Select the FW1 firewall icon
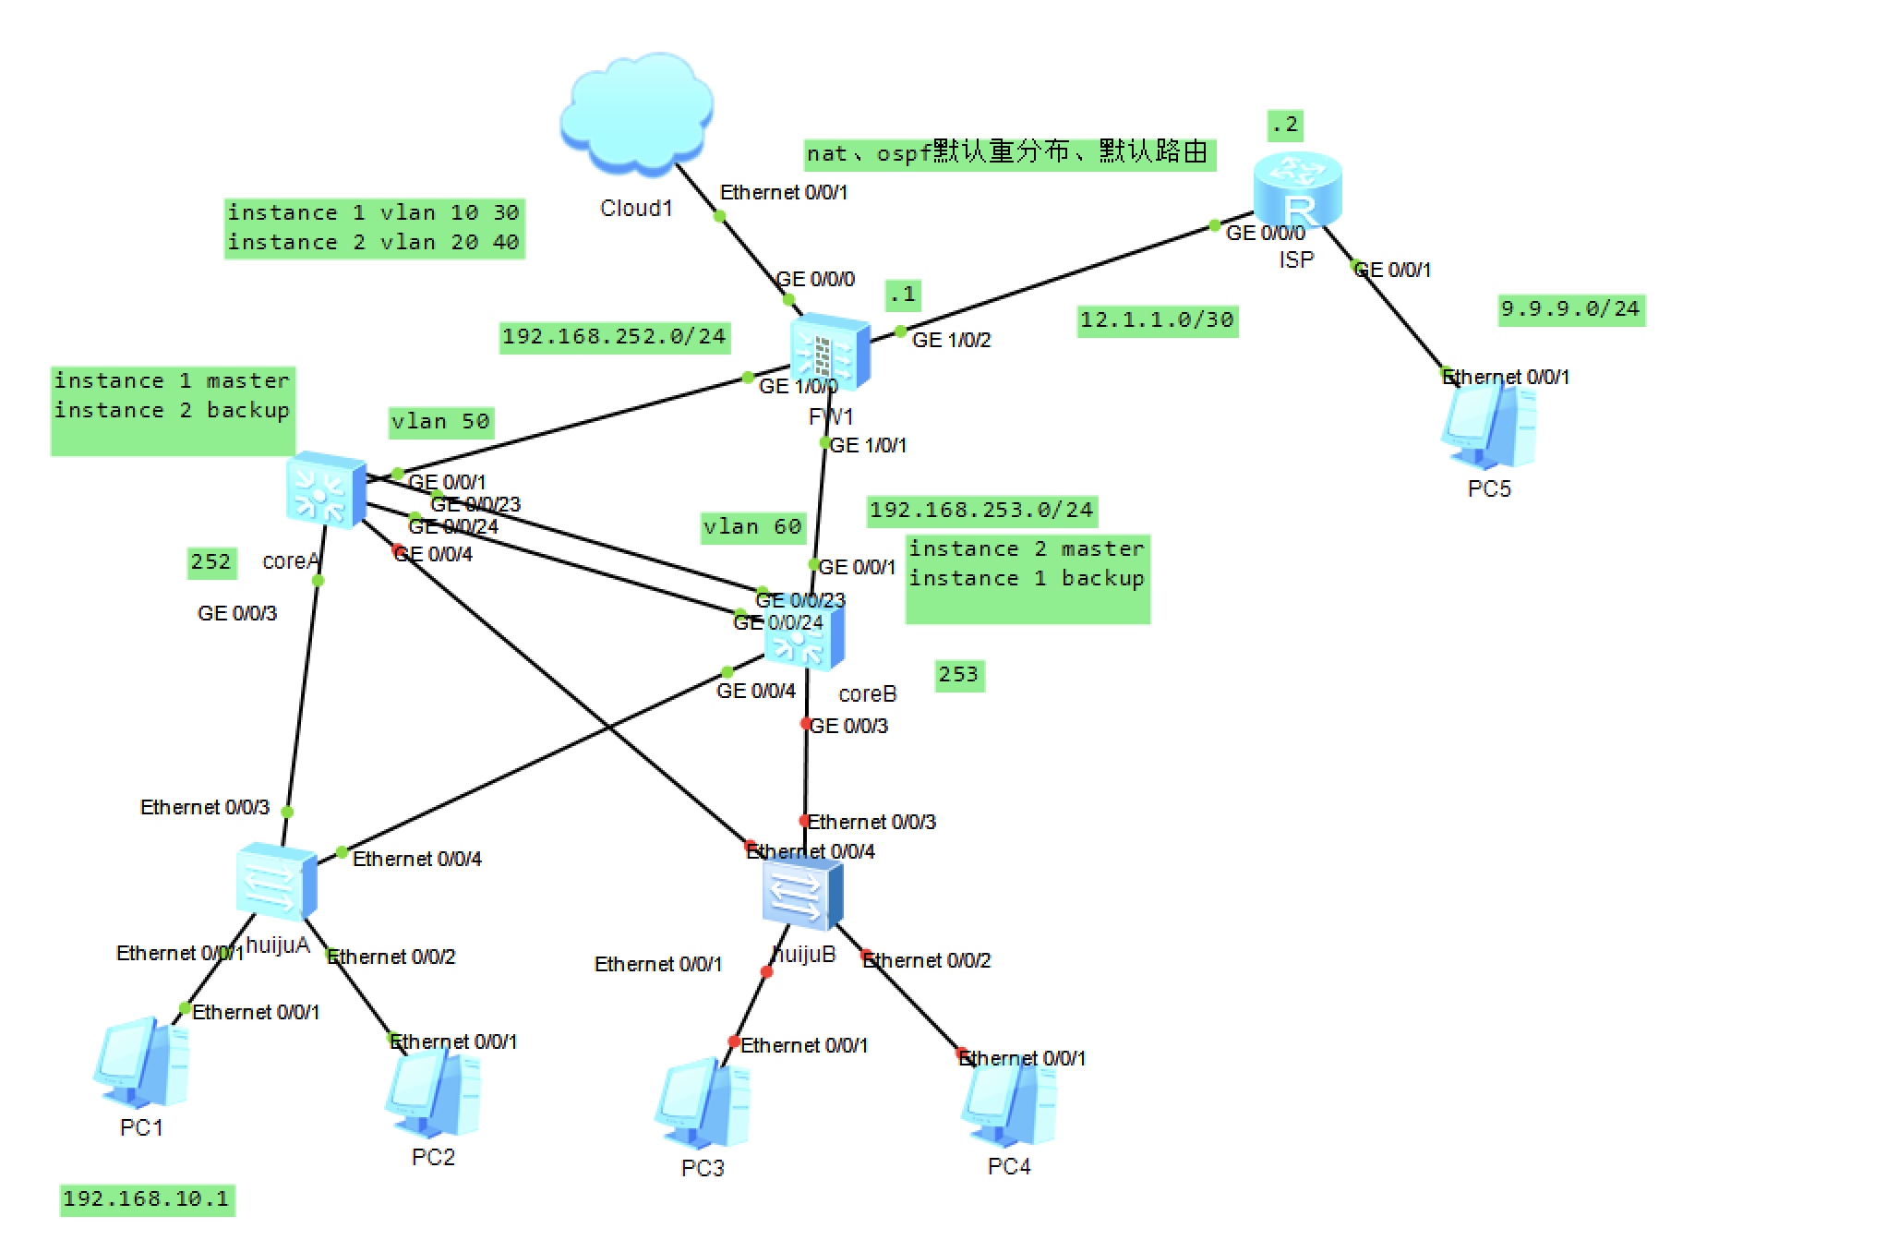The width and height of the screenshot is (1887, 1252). click(x=830, y=352)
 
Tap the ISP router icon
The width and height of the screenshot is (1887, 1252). click(x=1296, y=189)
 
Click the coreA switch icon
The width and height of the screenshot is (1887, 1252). click(x=325, y=489)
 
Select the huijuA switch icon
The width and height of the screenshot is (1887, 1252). click(x=276, y=881)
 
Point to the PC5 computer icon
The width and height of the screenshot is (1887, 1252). click(x=1488, y=427)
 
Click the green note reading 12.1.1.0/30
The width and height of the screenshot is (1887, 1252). click(x=1157, y=320)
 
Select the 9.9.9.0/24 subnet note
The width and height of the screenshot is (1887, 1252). click(x=1570, y=309)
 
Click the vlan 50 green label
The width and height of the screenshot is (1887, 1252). click(x=440, y=422)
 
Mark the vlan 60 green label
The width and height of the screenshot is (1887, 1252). click(x=752, y=527)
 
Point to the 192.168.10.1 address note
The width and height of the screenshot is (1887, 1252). click(x=146, y=1199)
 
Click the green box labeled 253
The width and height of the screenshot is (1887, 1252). click(x=958, y=675)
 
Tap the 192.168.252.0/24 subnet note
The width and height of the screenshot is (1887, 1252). click(x=614, y=336)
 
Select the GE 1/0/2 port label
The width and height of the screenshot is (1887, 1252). click(x=951, y=341)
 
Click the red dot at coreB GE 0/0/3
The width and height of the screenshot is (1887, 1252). click(x=806, y=723)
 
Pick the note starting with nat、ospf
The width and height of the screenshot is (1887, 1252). click(x=1008, y=153)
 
